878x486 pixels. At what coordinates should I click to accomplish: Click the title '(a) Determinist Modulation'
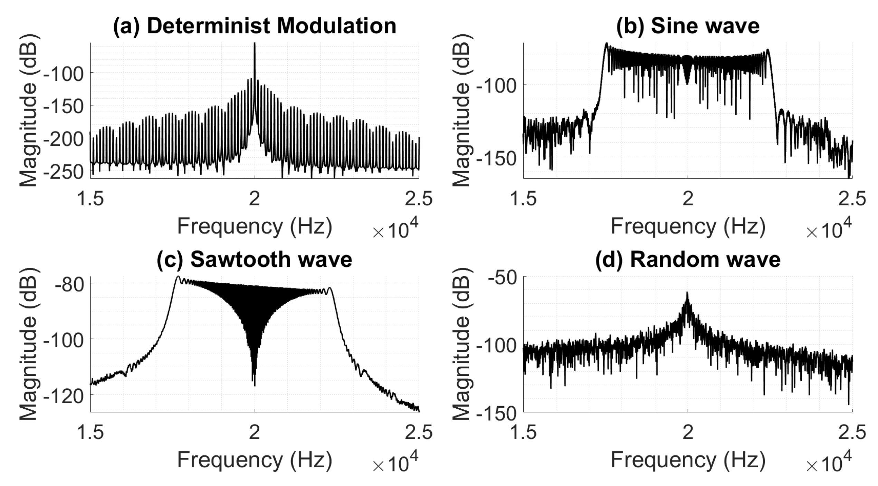255,26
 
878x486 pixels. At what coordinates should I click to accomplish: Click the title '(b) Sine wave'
688,26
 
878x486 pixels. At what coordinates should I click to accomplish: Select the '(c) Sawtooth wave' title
255,259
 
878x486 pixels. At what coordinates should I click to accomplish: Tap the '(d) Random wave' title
688,259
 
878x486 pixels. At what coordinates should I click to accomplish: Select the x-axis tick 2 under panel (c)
255,432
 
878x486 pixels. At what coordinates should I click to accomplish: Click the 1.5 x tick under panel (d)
523,432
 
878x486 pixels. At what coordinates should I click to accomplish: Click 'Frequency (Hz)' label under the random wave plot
688,460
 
